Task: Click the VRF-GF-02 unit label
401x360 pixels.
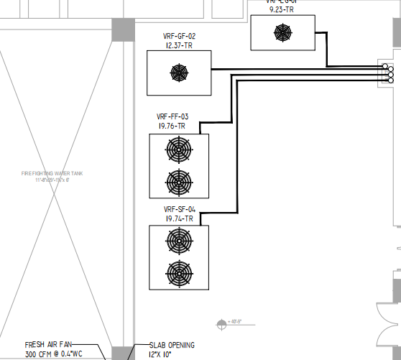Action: [x=180, y=37]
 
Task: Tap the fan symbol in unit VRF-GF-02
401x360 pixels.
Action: [x=178, y=73]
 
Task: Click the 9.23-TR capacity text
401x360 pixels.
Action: [x=282, y=9]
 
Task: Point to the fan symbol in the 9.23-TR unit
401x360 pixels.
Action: [x=282, y=32]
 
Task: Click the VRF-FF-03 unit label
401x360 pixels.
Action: [x=172, y=116]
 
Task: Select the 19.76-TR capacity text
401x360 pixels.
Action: [x=172, y=126]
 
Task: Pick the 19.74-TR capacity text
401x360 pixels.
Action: [x=178, y=218]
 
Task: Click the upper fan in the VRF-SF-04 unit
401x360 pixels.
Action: [x=178, y=241]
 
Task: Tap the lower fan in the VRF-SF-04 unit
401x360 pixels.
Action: [x=178, y=272]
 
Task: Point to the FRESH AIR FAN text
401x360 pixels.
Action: [x=48, y=345]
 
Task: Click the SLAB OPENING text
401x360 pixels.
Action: [x=171, y=346]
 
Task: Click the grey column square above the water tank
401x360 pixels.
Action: [x=123, y=29]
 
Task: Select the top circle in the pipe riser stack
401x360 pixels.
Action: [x=389, y=67]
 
